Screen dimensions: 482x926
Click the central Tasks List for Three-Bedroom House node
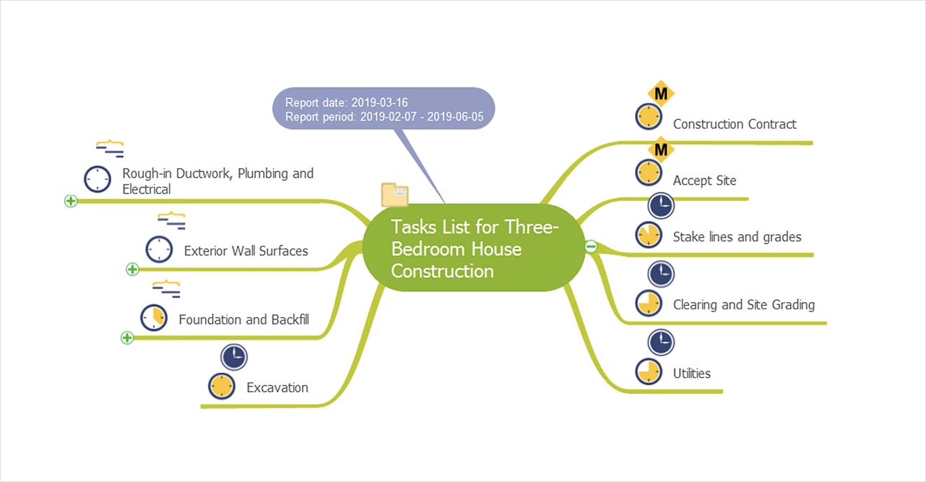(x=473, y=249)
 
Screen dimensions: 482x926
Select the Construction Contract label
(x=734, y=124)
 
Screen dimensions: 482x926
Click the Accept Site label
(x=704, y=181)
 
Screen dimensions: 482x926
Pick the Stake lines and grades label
(x=737, y=237)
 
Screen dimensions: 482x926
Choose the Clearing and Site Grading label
(x=743, y=305)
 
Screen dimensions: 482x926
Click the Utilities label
(x=691, y=374)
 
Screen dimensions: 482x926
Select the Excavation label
(x=277, y=388)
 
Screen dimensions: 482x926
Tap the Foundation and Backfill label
(x=243, y=319)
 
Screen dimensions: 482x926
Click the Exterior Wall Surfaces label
(x=246, y=251)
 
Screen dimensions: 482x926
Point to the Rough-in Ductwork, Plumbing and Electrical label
(x=217, y=181)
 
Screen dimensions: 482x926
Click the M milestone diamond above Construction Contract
(x=660, y=93)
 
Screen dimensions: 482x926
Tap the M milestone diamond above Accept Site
(x=660, y=150)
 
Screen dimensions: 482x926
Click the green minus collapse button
(x=590, y=246)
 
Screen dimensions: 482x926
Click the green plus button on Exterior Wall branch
(x=132, y=270)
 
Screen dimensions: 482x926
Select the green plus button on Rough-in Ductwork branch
(x=70, y=201)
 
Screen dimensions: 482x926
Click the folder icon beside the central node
(x=394, y=194)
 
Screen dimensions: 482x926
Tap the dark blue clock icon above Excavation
(x=234, y=357)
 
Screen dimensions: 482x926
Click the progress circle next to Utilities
(x=649, y=371)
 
